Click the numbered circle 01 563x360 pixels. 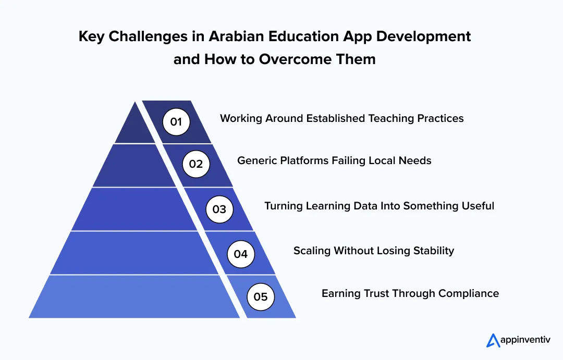pyautogui.click(x=176, y=122)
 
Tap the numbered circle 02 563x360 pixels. pyautogui.click(x=196, y=164)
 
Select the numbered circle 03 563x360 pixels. pyautogui.click(x=219, y=209)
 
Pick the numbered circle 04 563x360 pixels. pyautogui.click(x=241, y=254)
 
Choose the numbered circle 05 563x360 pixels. pyautogui.click(x=260, y=297)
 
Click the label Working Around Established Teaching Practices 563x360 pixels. pyautogui.click(x=341, y=118)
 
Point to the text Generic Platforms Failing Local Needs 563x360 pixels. pyautogui.click(x=334, y=160)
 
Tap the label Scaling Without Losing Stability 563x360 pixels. pyautogui.click(x=373, y=251)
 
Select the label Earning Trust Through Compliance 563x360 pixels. pyautogui.click(x=410, y=293)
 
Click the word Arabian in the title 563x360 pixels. pyautogui.click(x=235, y=36)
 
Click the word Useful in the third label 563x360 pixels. pyautogui.click(x=478, y=206)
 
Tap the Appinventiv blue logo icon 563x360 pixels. pyautogui.click(x=493, y=340)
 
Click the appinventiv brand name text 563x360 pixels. pyautogui.click(x=526, y=341)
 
